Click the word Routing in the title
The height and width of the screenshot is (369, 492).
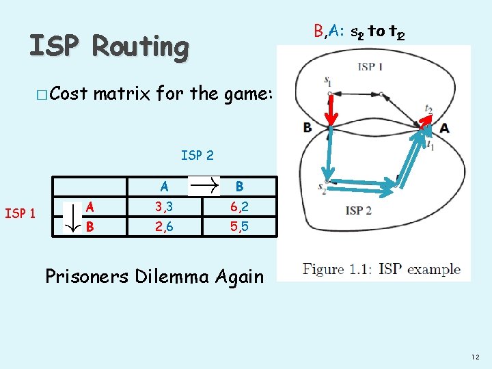[140, 46]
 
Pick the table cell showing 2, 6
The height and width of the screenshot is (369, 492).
[164, 226]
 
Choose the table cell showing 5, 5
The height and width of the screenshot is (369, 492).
[239, 226]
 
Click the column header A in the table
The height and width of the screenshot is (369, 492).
[164, 186]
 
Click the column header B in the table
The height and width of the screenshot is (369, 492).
[239, 186]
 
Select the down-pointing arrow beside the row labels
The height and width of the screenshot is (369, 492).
[70, 217]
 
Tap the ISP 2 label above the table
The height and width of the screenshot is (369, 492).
[197, 155]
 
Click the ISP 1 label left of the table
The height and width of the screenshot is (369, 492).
[20, 214]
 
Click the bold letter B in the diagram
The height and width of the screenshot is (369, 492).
[308, 128]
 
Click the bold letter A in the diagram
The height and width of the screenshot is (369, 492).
[445, 128]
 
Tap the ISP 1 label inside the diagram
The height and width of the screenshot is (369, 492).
[370, 66]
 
